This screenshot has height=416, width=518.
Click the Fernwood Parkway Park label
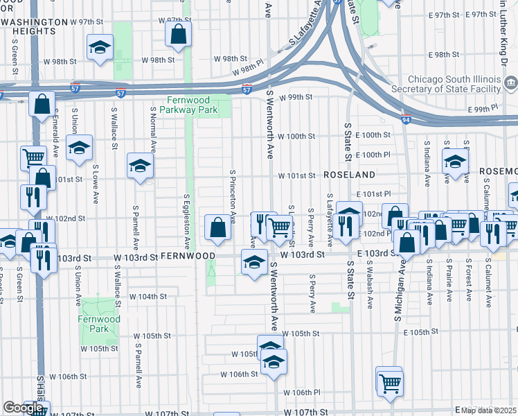[x=188, y=105]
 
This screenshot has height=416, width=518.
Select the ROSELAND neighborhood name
[x=349, y=175]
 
